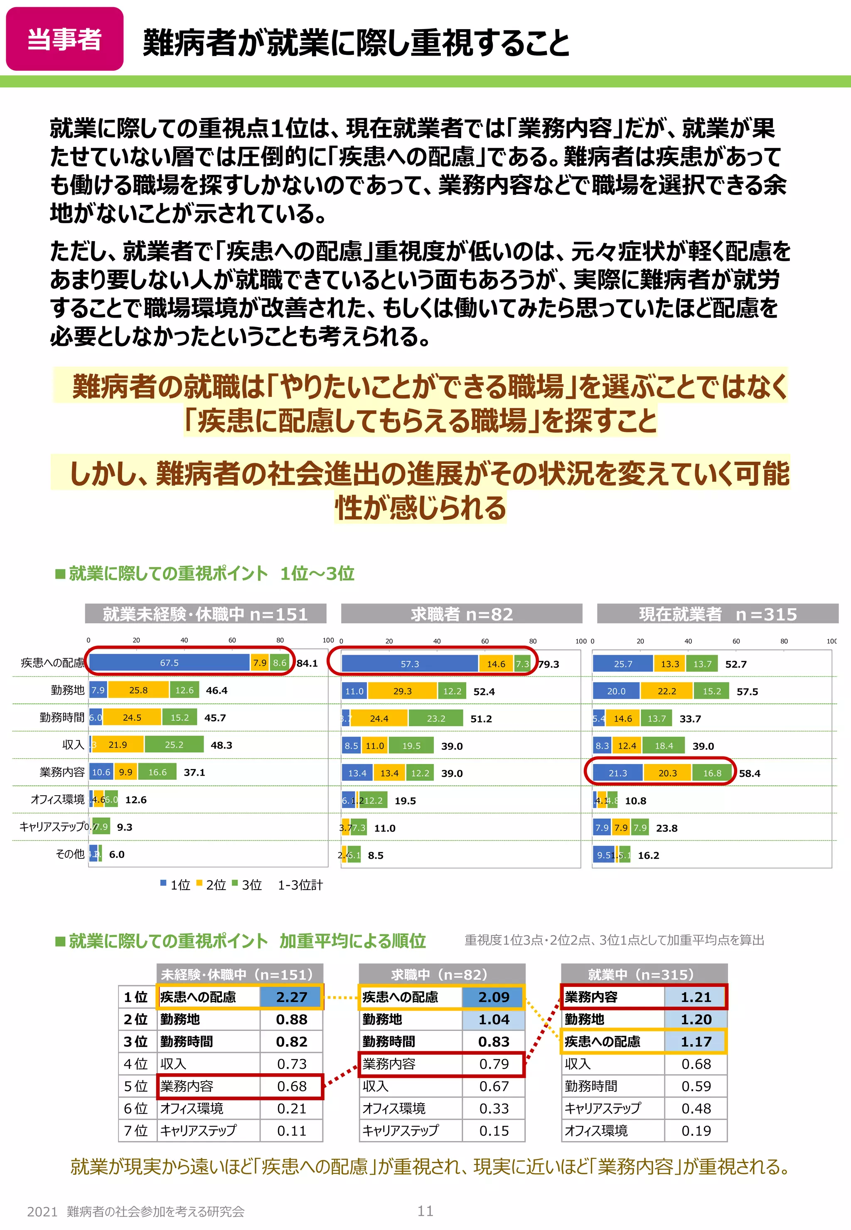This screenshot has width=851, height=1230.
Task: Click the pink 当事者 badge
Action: [64, 39]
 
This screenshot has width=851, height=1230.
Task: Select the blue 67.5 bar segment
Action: [169, 663]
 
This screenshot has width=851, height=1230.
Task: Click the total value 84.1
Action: [307, 663]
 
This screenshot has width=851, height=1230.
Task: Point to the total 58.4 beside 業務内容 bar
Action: [750, 773]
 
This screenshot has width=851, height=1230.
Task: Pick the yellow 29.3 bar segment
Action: [402, 691]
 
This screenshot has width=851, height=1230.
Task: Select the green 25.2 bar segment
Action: [174, 744]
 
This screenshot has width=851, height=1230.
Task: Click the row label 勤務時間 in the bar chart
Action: [62, 717]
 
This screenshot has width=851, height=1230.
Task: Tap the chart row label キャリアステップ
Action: [52, 827]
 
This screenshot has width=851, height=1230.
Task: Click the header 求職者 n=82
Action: [462, 614]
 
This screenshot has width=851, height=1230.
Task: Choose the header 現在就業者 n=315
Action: [718, 614]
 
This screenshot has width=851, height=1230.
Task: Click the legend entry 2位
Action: [212, 885]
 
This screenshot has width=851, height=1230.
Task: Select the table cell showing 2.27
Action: [292, 997]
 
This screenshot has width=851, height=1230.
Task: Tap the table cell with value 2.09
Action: [494, 997]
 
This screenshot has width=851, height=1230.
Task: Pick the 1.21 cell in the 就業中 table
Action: [696, 997]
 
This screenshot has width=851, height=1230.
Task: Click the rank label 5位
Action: [135, 1086]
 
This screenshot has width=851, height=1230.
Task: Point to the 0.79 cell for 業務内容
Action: [494, 1064]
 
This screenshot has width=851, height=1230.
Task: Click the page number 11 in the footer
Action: [425, 1211]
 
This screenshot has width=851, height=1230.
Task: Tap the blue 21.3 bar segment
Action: [617, 773]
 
